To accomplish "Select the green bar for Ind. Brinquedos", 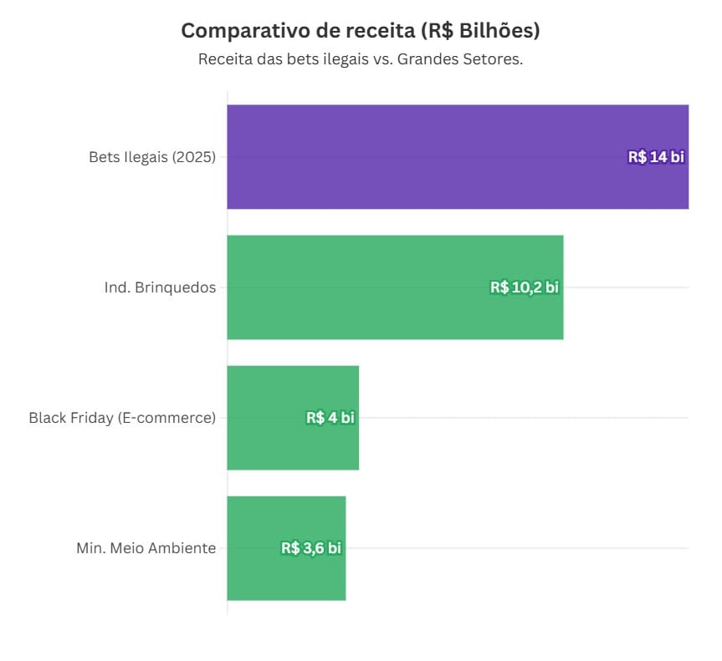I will tap(360, 287).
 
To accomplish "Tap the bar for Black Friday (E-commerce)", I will tap(268, 417).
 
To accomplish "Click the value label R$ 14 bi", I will tap(656, 157).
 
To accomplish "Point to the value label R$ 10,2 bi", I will tap(524, 287).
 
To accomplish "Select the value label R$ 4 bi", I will tap(330, 418).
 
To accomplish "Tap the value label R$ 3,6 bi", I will tap(310, 548).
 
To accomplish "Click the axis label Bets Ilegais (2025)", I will tap(151, 157).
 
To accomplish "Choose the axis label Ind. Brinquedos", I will tap(159, 287).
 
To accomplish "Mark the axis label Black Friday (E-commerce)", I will tap(121, 418).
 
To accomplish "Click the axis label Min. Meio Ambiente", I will tap(146, 548).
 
